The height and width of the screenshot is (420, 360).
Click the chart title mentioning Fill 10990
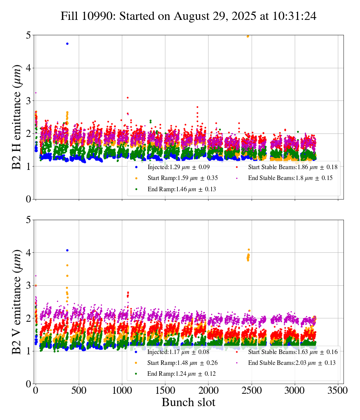pos(188,16)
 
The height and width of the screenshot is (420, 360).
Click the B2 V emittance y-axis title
pos(17,301)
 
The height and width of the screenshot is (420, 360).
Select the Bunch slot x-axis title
pos(188,403)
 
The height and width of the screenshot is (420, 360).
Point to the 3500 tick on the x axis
pos(338,390)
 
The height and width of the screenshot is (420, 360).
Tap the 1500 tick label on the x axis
pos(165,390)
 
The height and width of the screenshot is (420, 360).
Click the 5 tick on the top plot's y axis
pos(28,35)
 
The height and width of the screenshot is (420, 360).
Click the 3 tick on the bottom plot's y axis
pos(28,285)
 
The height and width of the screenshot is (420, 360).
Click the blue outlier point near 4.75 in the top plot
pos(67,43)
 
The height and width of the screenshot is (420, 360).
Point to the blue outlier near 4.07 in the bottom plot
pos(67,250)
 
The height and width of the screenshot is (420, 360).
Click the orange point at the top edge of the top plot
pos(247,36)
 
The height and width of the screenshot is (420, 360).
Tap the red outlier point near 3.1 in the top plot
pos(127,97)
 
